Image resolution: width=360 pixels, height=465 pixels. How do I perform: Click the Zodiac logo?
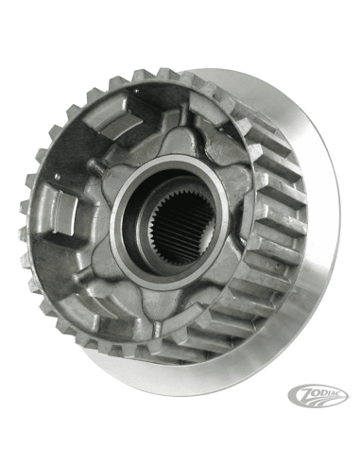pyautogui.click(x=317, y=394)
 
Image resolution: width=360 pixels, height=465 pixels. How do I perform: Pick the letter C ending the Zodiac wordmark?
pyautogui.click(x=342, y=391)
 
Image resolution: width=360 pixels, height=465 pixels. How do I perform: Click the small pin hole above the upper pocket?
pyautogui.click(x=137, y=91)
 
